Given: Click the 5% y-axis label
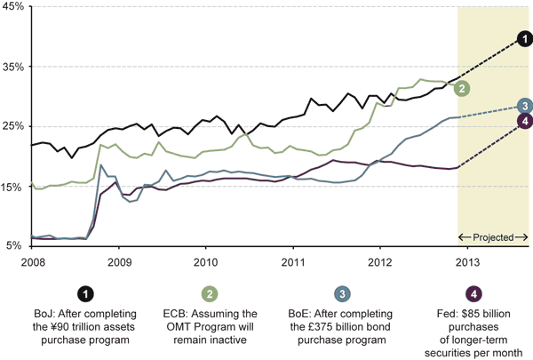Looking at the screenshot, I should pyautogui.click(x=13, y=246).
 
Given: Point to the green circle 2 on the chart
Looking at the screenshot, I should pyautogui.click(x=462, y=88).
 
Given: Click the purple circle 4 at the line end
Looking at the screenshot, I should pyautogui.click(x=525, y=121).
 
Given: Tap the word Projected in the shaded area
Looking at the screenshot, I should pyautogui.click(x=494, y=237).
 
